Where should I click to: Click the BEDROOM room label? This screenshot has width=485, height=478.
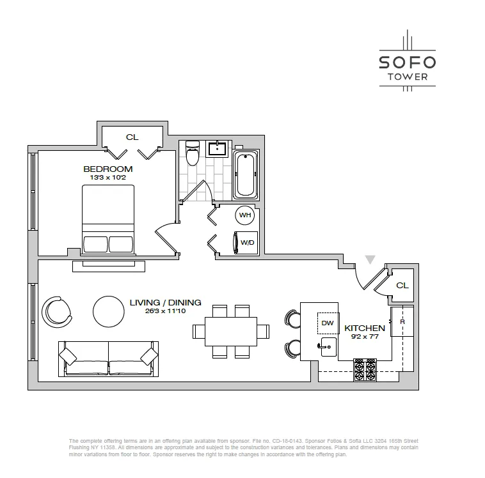(107, 169)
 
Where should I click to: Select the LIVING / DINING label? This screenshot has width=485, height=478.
(165, 302)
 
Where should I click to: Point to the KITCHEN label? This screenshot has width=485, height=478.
(365, 328)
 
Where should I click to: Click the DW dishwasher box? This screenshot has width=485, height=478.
(327, 323)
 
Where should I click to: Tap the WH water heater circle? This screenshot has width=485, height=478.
(244, 215)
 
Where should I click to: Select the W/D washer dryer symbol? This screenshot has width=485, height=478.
(245, 242)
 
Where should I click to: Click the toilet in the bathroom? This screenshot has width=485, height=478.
(192, 154)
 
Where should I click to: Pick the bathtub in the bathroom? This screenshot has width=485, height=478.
(245, 174)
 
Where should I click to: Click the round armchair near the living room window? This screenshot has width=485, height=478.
(56, 311)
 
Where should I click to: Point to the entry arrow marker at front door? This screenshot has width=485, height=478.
(369, 259)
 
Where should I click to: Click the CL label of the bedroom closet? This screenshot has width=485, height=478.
(132, 137)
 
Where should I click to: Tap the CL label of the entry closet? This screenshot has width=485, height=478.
(402, 285)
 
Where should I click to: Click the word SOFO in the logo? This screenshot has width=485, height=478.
(407, 62)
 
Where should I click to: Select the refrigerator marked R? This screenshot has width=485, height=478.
(402, 323)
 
